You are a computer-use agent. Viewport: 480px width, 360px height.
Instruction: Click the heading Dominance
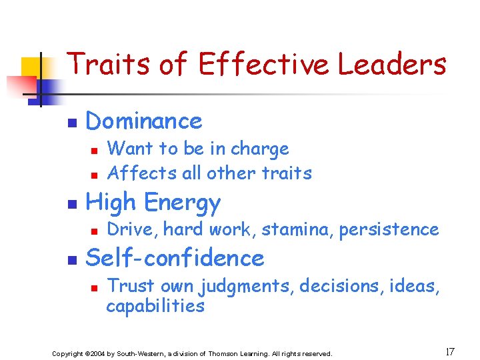144,121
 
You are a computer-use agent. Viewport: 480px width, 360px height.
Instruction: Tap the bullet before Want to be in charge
95,151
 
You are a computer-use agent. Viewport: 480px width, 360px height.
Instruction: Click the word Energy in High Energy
183,203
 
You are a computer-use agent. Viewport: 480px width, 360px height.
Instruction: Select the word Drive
131,230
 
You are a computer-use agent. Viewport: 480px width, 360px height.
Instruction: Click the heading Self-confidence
175,258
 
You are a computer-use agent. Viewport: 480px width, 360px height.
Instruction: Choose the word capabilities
155,307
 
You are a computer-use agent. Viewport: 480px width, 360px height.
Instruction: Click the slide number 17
450,351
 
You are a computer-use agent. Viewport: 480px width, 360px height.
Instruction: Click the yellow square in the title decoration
32,69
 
